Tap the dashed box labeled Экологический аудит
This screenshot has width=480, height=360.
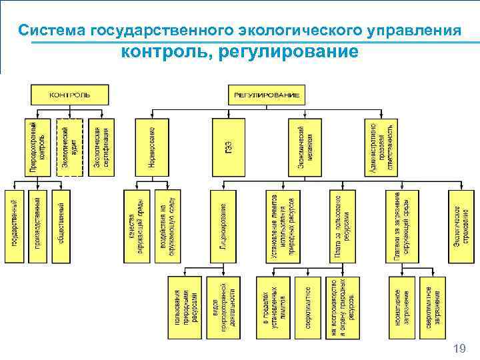point(69,147)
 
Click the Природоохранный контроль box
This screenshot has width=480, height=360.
point(39,147)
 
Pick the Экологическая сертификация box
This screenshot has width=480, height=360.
point(100,147)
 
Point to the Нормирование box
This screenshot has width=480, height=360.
point(152,147)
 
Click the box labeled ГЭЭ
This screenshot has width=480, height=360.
point(228,147)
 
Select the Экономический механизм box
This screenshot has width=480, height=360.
point(305,147)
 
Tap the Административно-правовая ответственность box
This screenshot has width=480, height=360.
point(381,147)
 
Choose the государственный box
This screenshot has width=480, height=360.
point(15,227)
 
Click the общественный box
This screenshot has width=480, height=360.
point(60,227)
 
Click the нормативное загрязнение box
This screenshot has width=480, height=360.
point(401,307)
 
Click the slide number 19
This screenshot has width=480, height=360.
point(459,348)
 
